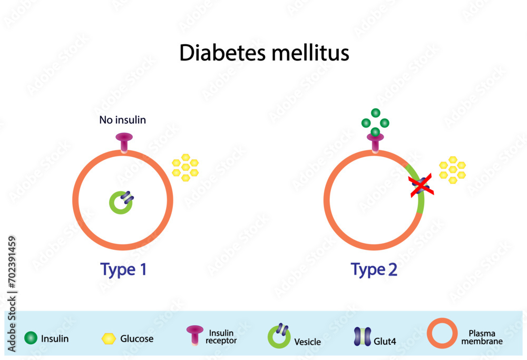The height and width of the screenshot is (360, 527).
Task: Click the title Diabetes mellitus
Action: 264,53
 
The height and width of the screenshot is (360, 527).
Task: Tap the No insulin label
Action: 122,120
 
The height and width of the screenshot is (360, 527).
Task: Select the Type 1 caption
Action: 123,269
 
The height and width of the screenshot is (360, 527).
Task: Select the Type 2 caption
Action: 374,269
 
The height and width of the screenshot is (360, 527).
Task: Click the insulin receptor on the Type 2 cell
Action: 375,142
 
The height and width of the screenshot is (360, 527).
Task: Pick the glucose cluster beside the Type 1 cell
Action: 186,167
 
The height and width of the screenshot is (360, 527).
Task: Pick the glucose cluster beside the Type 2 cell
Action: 452,170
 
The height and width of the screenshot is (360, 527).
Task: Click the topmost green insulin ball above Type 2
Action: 375,112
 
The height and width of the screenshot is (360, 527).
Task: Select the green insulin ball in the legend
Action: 31,338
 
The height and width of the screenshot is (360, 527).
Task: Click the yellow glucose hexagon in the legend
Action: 109,338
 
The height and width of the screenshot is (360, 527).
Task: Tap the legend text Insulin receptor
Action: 221,337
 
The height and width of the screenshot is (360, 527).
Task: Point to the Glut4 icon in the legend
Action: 362,337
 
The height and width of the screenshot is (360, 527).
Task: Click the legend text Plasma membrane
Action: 485,337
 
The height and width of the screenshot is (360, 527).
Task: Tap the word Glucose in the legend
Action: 136,338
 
